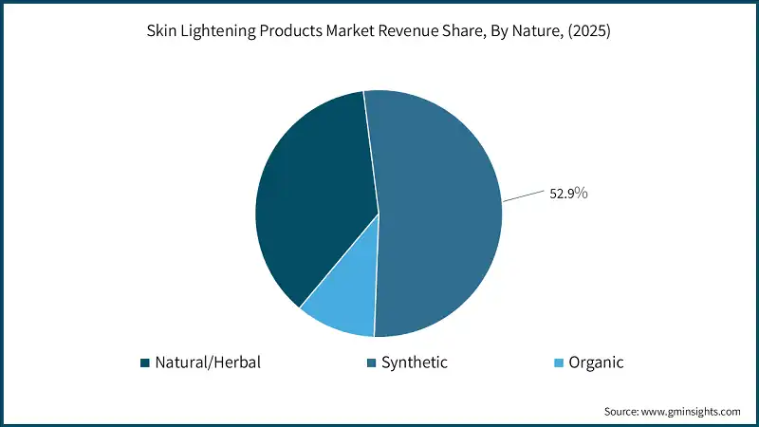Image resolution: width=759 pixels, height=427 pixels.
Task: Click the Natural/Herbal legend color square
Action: pos(144,362)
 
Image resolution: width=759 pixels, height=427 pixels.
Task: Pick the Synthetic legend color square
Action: pos(370,362)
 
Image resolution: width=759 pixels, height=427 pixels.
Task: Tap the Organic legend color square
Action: pos(559,362)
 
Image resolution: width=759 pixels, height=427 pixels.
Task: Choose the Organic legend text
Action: pos(596,362)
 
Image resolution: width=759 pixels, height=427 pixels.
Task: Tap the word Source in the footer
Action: pos(621,411)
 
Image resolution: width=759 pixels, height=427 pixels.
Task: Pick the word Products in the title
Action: pos(290,30)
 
